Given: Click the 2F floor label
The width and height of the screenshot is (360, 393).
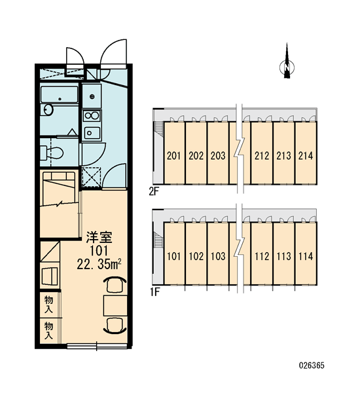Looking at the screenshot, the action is (x=154, y=192).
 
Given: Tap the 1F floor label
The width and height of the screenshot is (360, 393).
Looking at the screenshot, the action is (x=155, y=292).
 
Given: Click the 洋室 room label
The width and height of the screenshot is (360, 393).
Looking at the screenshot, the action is (x=99, y=237).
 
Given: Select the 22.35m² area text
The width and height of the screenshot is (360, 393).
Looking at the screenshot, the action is (x=99, y=265).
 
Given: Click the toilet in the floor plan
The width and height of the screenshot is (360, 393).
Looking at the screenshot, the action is (x=52, y=153).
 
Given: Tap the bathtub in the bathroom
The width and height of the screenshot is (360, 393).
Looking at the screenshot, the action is (x=60, y=94).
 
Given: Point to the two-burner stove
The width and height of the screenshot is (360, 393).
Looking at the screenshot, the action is (x=92, y=115).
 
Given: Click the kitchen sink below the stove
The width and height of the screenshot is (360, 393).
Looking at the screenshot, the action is (x=92, y=132).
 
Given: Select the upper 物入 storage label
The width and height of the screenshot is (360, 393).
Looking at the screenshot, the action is (x=48, y=305).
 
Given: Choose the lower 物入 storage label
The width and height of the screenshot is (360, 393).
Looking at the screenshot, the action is (x=48, y=331).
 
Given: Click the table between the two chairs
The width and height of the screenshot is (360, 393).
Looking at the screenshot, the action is (x=115, y=305).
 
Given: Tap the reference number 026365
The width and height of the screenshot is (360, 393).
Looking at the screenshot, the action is (x=312, y=365).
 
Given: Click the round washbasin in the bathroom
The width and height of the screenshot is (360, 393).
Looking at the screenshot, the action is (x=48, y=110).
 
